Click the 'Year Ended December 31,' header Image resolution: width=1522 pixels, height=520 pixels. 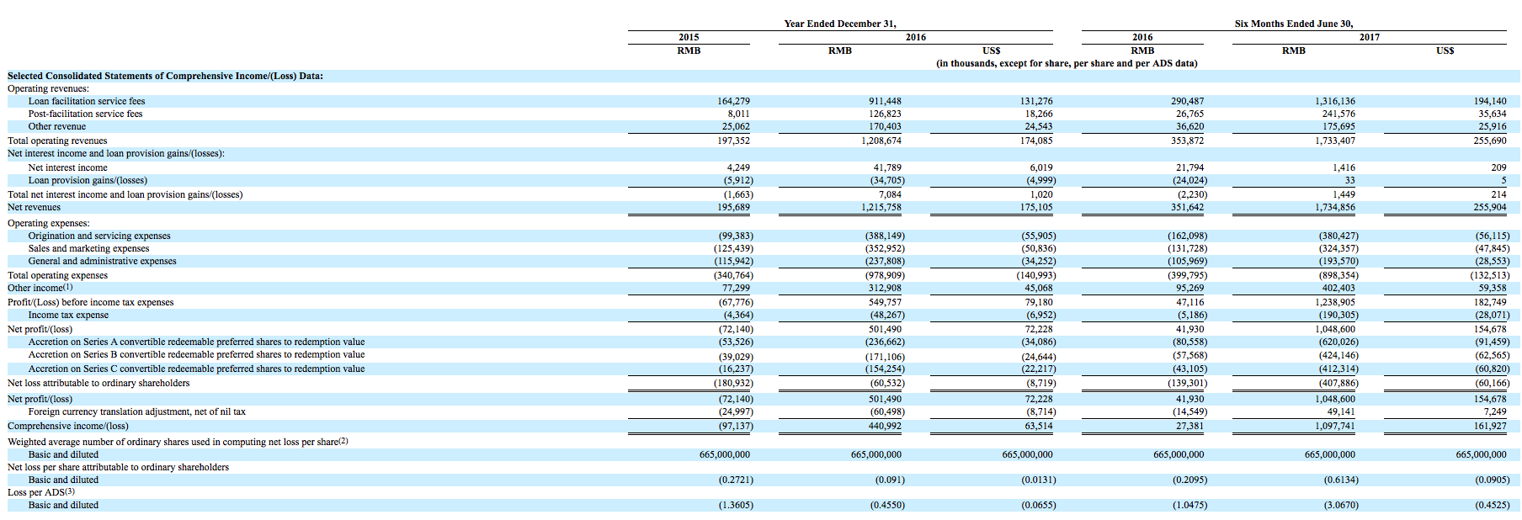834,24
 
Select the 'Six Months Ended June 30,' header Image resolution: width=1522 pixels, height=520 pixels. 1294,24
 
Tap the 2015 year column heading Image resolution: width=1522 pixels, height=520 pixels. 689,37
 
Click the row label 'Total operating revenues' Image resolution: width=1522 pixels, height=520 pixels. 57,141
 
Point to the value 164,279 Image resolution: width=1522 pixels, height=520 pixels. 733,101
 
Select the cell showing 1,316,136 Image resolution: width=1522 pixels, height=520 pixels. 1335,101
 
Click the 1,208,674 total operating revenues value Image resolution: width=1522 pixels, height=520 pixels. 881,141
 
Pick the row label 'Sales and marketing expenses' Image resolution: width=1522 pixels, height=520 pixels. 88,248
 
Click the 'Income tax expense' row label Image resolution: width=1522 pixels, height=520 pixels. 68,315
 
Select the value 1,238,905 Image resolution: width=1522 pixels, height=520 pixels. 1335,302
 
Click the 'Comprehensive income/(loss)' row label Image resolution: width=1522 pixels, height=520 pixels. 68,426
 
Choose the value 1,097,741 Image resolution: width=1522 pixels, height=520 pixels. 1335,426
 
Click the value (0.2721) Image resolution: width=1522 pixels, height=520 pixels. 736,480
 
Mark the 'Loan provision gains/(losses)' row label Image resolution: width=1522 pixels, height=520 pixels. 88,180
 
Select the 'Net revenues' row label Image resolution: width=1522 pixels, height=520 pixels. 34,207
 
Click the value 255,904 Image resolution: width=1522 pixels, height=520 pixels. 1490,207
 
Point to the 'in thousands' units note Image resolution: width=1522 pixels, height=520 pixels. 1067,63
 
